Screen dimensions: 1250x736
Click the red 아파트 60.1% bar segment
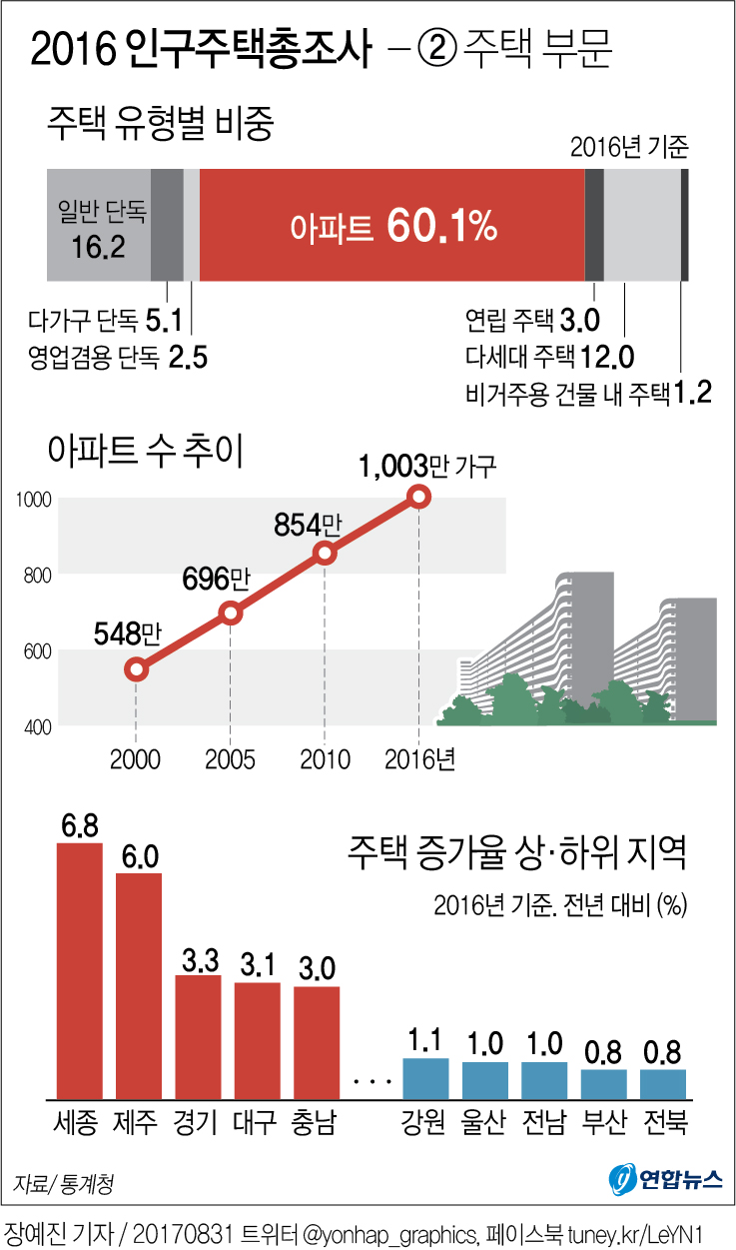(391, 225)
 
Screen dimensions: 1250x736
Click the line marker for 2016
(419, 497)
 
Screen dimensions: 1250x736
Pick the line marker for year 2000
(137, 669)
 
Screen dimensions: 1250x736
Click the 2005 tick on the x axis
(231, 759)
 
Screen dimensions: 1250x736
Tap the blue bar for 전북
(663, 1083)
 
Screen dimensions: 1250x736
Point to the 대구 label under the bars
(256, 1122)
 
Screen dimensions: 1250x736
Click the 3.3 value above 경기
(199, 960)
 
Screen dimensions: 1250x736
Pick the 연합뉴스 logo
(666, 1180)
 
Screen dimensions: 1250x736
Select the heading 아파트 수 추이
(146, 452)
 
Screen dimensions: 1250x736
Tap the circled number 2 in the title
(434, 50)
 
